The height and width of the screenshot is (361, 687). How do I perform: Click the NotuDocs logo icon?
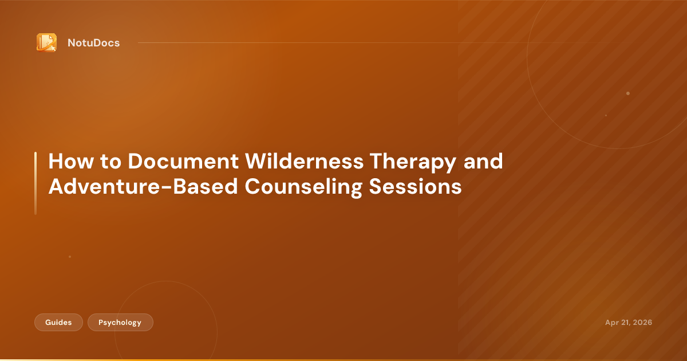pyautogui.click(x=46, y=42)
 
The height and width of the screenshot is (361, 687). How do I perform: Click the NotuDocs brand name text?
pyautogui.click(x=93, y=43)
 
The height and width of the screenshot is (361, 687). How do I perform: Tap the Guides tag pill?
pyautogui.click(x=58, y=322)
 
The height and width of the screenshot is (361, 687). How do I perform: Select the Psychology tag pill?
pyautogui.click(x=120, y=322)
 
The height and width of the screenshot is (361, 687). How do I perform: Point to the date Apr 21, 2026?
pyautogui.click(x=629, y=322)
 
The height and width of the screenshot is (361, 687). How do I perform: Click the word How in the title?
pyautogui.click(x=71, y=161)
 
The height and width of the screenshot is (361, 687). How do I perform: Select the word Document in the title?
pyautogui.click(x=183, y=161)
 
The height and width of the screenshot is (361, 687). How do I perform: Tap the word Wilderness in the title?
pyautogui.click(x=304, y=161)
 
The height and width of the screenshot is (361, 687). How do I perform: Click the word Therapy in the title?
pyautogui.click(x=413, y=163)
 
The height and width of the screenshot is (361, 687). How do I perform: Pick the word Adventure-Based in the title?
pyautogui.click(x=143, y=187)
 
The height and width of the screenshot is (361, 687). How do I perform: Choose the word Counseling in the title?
pyautogui.click(x=303, y=188)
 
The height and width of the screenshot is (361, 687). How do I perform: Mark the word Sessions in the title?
pyautogui.click(x=415, y=187)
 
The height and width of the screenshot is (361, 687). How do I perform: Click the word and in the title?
pyautogui.click(x=483, y=161)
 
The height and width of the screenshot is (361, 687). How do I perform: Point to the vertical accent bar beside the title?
pyautogui.click(x=35, y=183)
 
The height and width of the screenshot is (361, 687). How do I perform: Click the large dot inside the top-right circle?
pyautogui.click(x=628, y=93)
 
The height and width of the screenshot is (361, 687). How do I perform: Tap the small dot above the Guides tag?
pyautogui.click(x=70, y=257)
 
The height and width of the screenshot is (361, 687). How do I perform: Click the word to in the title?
pyautogui.click(x=110, y=162)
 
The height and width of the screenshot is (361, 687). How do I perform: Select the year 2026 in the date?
pyautogui.click(x=642, y=322)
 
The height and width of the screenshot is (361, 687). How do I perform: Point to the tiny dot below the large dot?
pyautogui.click(x=606, y=115)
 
